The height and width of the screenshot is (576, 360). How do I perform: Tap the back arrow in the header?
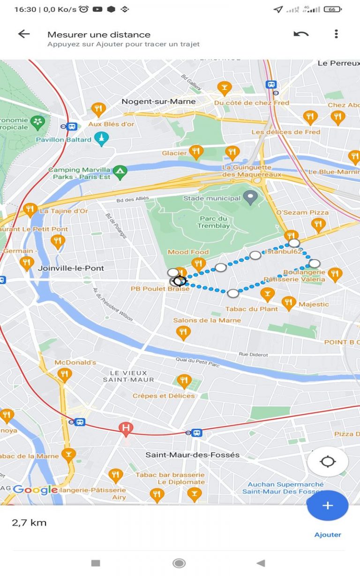click(23, 34)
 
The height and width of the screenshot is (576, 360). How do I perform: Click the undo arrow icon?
click(301, 34)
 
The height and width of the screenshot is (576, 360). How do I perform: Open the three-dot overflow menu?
click(336, 34)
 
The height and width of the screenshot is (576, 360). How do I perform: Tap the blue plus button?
click(327, 506)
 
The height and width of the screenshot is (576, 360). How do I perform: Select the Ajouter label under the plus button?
click(328, 535)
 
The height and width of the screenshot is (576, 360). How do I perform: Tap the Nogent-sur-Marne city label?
click(158, 101)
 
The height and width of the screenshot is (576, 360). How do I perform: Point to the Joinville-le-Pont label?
click(71, 268)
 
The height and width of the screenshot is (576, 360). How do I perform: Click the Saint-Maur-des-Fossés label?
click(192, 455)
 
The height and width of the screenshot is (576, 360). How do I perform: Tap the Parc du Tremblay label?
click(214, 222)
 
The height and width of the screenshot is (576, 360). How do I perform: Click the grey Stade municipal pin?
click(252, 198)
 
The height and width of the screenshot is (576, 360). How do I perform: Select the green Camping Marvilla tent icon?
click(120, 171)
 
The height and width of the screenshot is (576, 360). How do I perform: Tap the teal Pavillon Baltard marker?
click(101, 138)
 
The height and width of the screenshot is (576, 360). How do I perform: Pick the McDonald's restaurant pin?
click(64, 374)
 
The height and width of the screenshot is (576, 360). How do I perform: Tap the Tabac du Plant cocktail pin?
click(267, 294)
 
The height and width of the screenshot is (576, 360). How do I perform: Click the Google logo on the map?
click(35, 490)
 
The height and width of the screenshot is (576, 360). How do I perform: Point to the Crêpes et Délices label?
click(163, 396)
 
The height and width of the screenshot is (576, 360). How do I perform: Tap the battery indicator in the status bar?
click(332, 9)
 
